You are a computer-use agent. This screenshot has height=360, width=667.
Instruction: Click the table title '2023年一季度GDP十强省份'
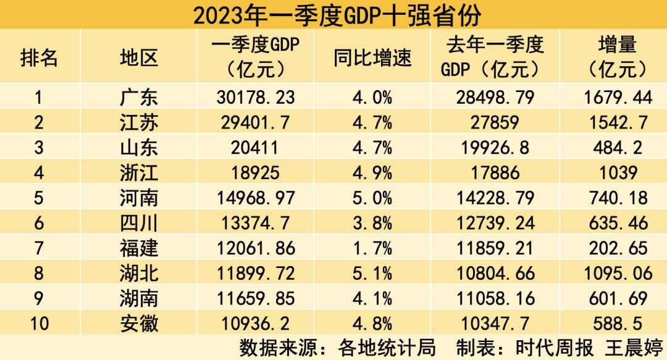point(337,15)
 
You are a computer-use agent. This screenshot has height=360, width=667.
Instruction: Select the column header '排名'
point(39,57)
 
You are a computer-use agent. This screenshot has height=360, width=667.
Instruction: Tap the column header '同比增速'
point(372,58)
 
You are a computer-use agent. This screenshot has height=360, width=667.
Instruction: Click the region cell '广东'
point(139,98)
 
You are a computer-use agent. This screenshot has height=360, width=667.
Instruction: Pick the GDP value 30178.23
point(256,98)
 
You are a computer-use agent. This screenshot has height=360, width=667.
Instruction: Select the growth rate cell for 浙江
point(372,173)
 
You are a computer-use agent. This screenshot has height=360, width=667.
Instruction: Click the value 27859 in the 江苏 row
point(495,122)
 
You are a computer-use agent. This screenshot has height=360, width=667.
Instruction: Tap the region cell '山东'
point(139,148)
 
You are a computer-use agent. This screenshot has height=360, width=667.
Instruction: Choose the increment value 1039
point(618,173)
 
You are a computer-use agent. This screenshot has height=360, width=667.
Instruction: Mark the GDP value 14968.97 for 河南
point(256,198)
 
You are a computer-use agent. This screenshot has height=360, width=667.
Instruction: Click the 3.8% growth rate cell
point(372,223)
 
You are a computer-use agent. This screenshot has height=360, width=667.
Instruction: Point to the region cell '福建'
point(139,248)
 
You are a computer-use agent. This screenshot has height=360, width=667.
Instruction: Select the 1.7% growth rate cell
point(372,248)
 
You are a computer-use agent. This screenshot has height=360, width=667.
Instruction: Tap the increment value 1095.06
point(618,273)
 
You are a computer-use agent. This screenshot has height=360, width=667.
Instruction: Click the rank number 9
point(39,298)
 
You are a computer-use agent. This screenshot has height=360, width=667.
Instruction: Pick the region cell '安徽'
point(139,324)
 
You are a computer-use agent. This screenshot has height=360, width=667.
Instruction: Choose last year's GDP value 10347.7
point(495,324)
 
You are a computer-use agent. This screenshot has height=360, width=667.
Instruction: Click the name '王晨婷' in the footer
point(634,348)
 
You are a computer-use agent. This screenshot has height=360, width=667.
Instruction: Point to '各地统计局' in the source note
point(387,348)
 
